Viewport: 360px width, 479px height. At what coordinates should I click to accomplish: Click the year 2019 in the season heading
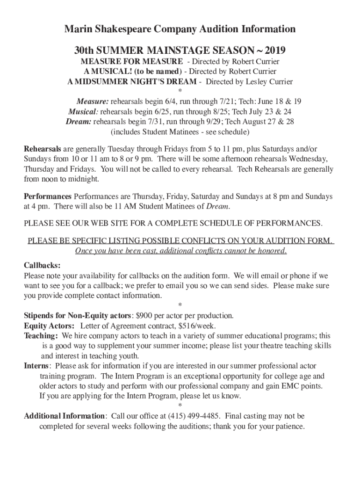pos(274,50)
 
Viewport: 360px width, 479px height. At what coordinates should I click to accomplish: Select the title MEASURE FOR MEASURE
pos(132,62)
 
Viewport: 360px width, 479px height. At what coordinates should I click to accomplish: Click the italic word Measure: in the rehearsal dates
pos(93,102)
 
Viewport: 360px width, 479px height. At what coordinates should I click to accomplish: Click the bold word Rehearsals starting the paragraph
pos(43,149)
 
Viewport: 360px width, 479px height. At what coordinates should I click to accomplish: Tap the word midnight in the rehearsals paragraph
pos(79,179)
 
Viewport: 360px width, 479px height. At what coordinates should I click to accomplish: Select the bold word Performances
pos(48,196)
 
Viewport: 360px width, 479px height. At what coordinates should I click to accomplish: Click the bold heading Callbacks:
pos(43,265)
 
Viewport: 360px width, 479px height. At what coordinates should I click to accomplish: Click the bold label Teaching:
pos(41,336)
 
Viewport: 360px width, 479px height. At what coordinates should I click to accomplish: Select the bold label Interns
pos(36,366)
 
